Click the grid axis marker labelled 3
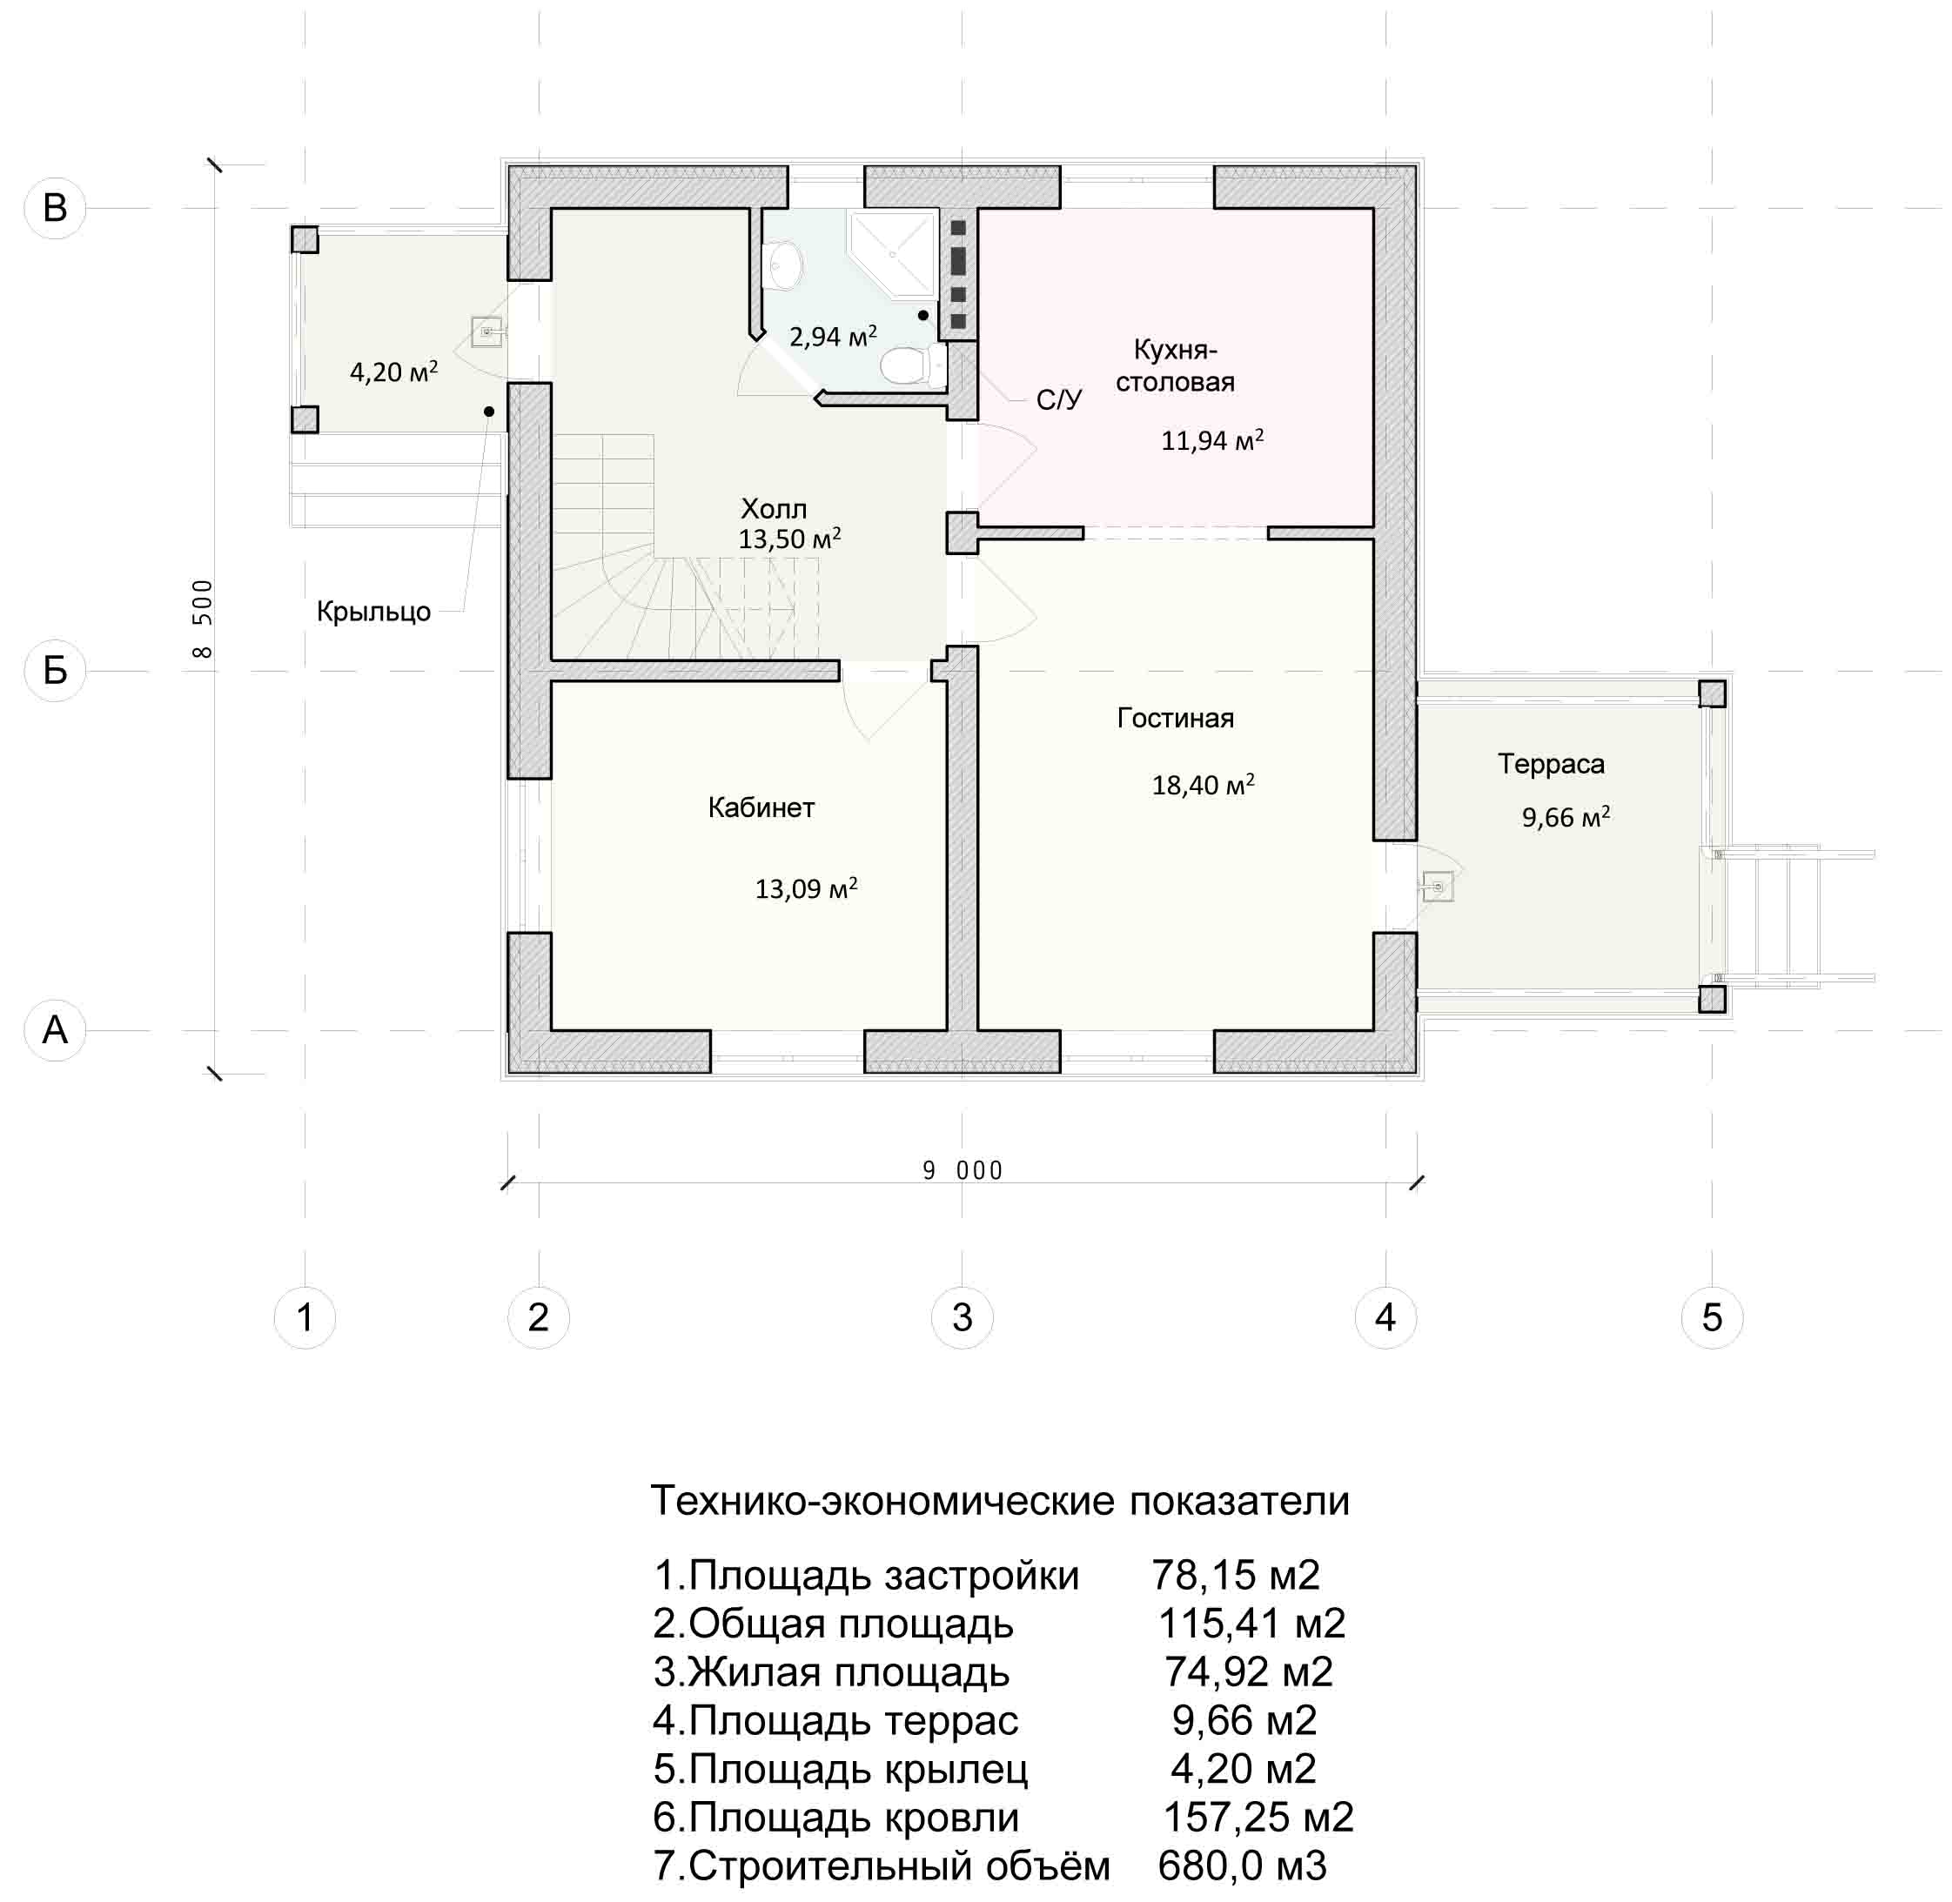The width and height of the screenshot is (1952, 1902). [x=961, y=1316]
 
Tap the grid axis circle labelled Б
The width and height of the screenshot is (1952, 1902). [x=55, y=670]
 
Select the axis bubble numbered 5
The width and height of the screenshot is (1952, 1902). [x=1713, y=1316]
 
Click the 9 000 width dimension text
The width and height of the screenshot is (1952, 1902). [x=962, y=1169]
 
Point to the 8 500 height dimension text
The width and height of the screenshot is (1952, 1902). [x=202, y=619]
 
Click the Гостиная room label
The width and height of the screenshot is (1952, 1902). [x=1175, y=717]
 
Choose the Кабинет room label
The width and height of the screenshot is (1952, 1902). [x=761, y=807]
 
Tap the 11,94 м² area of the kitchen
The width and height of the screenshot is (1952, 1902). [x=1211, y=439]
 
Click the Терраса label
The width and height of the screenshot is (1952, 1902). [x=1551, y=764]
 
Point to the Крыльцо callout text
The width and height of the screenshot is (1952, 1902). [x=373, y=612]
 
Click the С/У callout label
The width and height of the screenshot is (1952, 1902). [x=1059, y=399]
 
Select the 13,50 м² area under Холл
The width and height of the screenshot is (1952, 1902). [x=789, y=539]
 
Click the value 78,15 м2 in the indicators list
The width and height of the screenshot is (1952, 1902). [x=1236, y=1576]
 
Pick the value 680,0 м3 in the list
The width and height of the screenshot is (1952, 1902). [x=1243, y=1865]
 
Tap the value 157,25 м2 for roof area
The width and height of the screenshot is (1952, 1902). [x=1258, y=1817]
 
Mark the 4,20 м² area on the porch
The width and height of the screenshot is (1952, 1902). [x=393, y=372]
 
